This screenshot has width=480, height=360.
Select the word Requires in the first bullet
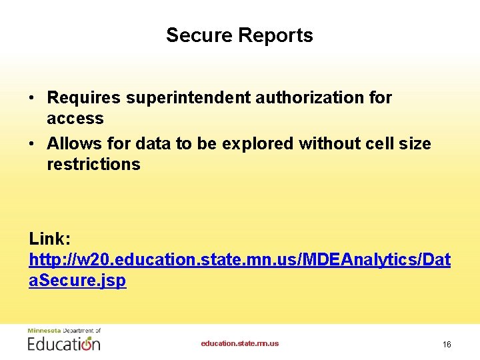(x=84, y=98)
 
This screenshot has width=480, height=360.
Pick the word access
(x=75, y=119)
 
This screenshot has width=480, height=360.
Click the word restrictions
(x=93, y=165)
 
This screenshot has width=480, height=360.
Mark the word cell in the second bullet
(x=375, y=144)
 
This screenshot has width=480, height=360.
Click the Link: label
(x=49, y=239)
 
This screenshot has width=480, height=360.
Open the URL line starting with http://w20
(x=239, y=260)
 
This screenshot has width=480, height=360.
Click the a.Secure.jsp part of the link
(x=77, y=281)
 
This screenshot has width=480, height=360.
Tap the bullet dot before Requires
(x=32, y=99)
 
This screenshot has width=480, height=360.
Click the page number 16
(x=447, y=344)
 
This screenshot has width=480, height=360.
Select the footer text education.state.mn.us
(x=240, y=343)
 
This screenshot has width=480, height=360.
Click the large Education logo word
(x=64, y=343)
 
